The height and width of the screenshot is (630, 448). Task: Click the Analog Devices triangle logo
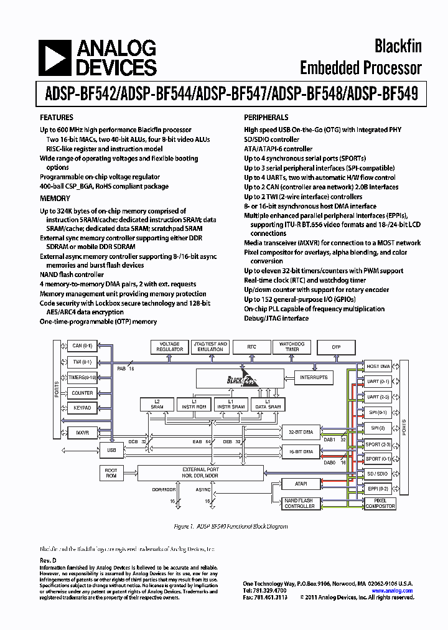[x=54, y=57]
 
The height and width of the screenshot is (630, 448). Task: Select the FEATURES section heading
[x=57, y=118]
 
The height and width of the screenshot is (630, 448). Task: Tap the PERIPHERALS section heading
[x=266, y=118]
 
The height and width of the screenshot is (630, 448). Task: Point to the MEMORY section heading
[x=55, y=199]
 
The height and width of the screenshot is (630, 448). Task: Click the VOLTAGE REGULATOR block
[x=170, y=347]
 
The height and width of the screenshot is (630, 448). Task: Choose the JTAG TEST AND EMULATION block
[x=210, y=347]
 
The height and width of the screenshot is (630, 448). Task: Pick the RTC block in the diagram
[x=251, y=347]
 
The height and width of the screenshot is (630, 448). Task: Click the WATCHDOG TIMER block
[x=291, y=347]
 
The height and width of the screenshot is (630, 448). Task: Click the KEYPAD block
[x=82, y=408]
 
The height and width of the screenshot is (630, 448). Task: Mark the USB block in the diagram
[x=111, y=449]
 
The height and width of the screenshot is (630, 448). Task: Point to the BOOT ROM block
[x=111, y=472]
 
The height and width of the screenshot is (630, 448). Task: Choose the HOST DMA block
[x=378, y=367]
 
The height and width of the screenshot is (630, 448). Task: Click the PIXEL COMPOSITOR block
[x=380, y=504]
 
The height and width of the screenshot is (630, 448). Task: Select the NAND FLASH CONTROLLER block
[x=299, y=504]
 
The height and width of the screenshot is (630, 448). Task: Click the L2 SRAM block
[x=157, y=404]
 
